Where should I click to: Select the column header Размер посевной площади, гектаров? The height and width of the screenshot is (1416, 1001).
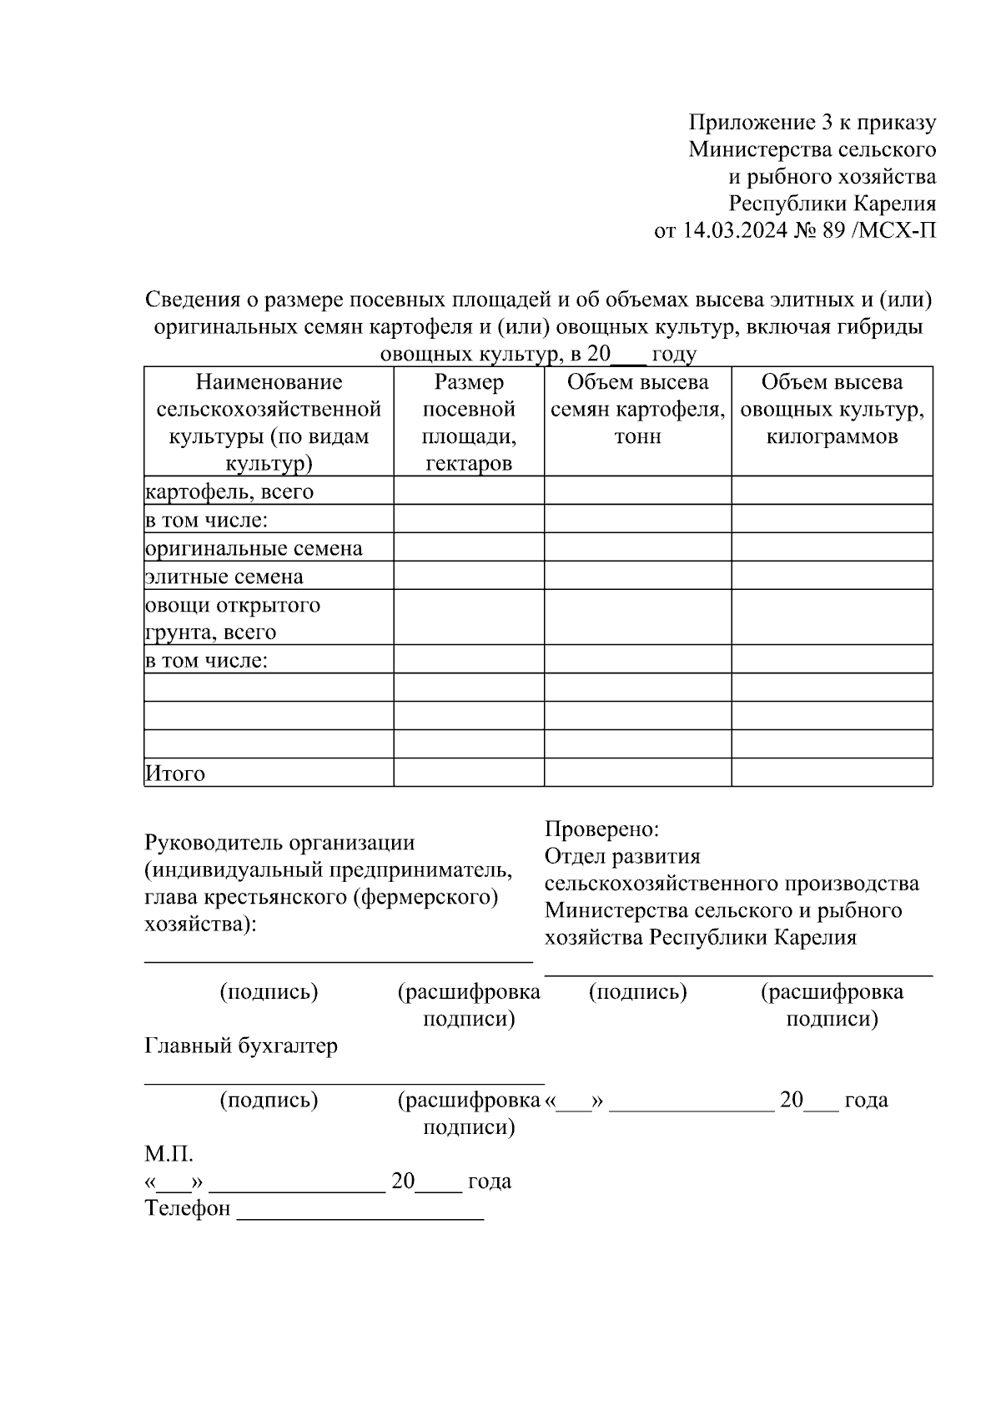click(469, 422)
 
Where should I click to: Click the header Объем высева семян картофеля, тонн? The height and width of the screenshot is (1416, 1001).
click(637, 409)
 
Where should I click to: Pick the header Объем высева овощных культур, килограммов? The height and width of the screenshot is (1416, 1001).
click(832, 409)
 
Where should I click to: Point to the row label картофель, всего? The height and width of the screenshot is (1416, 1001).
click(229, 491)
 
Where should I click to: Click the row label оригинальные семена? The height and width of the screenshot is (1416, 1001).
click(254, 548)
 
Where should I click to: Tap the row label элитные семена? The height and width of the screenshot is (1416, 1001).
click(224, 577)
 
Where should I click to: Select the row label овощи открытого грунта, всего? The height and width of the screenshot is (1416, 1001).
click(233, 617)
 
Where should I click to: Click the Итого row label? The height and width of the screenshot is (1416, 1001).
click(175, 774)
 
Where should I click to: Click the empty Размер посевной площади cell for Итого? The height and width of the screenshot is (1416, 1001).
click(469, 773)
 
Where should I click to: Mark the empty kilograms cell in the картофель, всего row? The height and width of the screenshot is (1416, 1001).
click(832, 491)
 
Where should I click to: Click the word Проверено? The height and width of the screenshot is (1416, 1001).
click(601, 829)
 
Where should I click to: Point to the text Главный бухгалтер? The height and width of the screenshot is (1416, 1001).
click(241, 1046)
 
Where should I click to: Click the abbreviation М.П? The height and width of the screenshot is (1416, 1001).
click(169, 1155)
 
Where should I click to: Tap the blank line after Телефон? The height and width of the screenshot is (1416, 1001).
click(360, 1210)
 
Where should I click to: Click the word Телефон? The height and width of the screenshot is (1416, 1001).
click(187, 1208)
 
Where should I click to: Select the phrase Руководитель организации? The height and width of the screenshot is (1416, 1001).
click(279, 843)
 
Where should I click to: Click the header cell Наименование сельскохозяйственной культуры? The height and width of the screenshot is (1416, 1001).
click(269, 422)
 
